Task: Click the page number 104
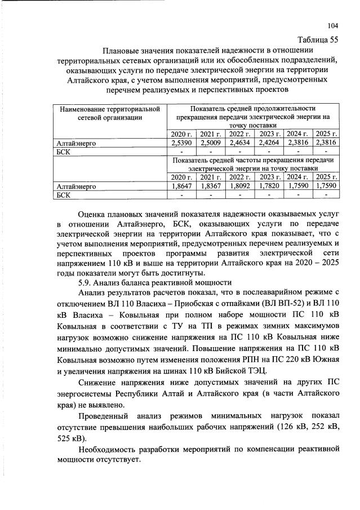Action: click(x=333, y=25)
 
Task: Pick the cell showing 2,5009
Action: click(x=210, y=143)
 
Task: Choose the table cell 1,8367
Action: click(x=210, y=185)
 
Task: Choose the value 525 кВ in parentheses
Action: click(x=71, y=437)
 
